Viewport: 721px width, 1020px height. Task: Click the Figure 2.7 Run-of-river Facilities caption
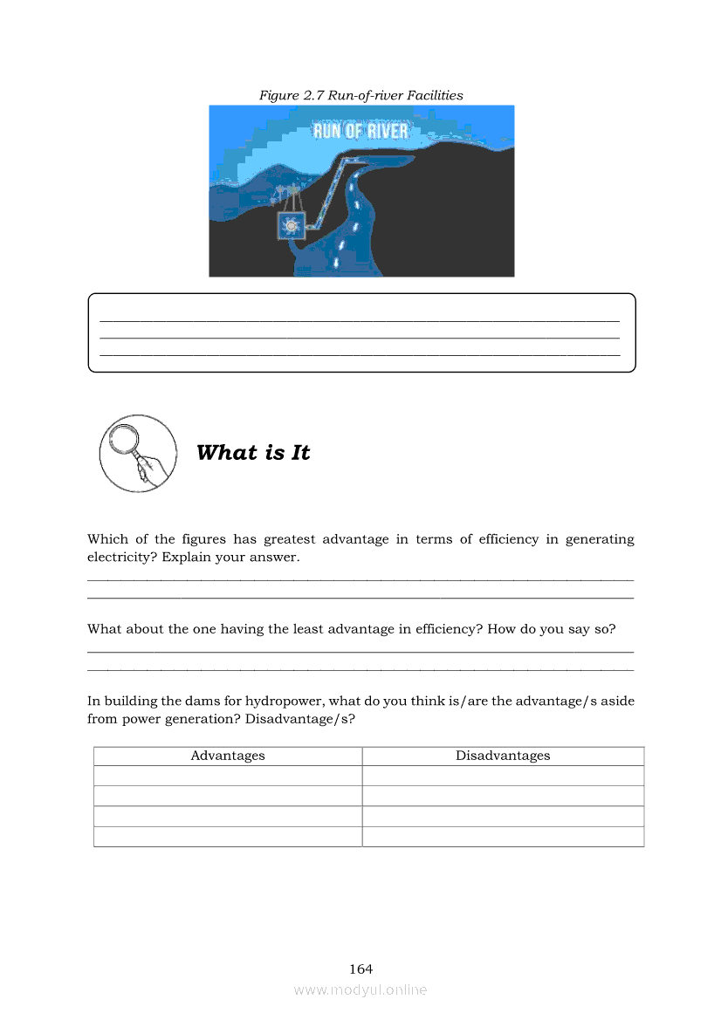point(360,95)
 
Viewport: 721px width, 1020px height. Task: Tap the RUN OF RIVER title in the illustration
point(360,132)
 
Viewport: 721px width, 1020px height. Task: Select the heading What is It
point(253,453)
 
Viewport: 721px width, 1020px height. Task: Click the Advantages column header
point(228,756)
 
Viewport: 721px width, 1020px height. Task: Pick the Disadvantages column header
point(503,756)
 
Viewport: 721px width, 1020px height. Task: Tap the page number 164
point(360,969)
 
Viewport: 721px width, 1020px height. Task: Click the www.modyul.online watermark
point(360,989)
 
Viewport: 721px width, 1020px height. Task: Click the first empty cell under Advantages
point(228,776)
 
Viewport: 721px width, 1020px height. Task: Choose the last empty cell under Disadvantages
point(503,837)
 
